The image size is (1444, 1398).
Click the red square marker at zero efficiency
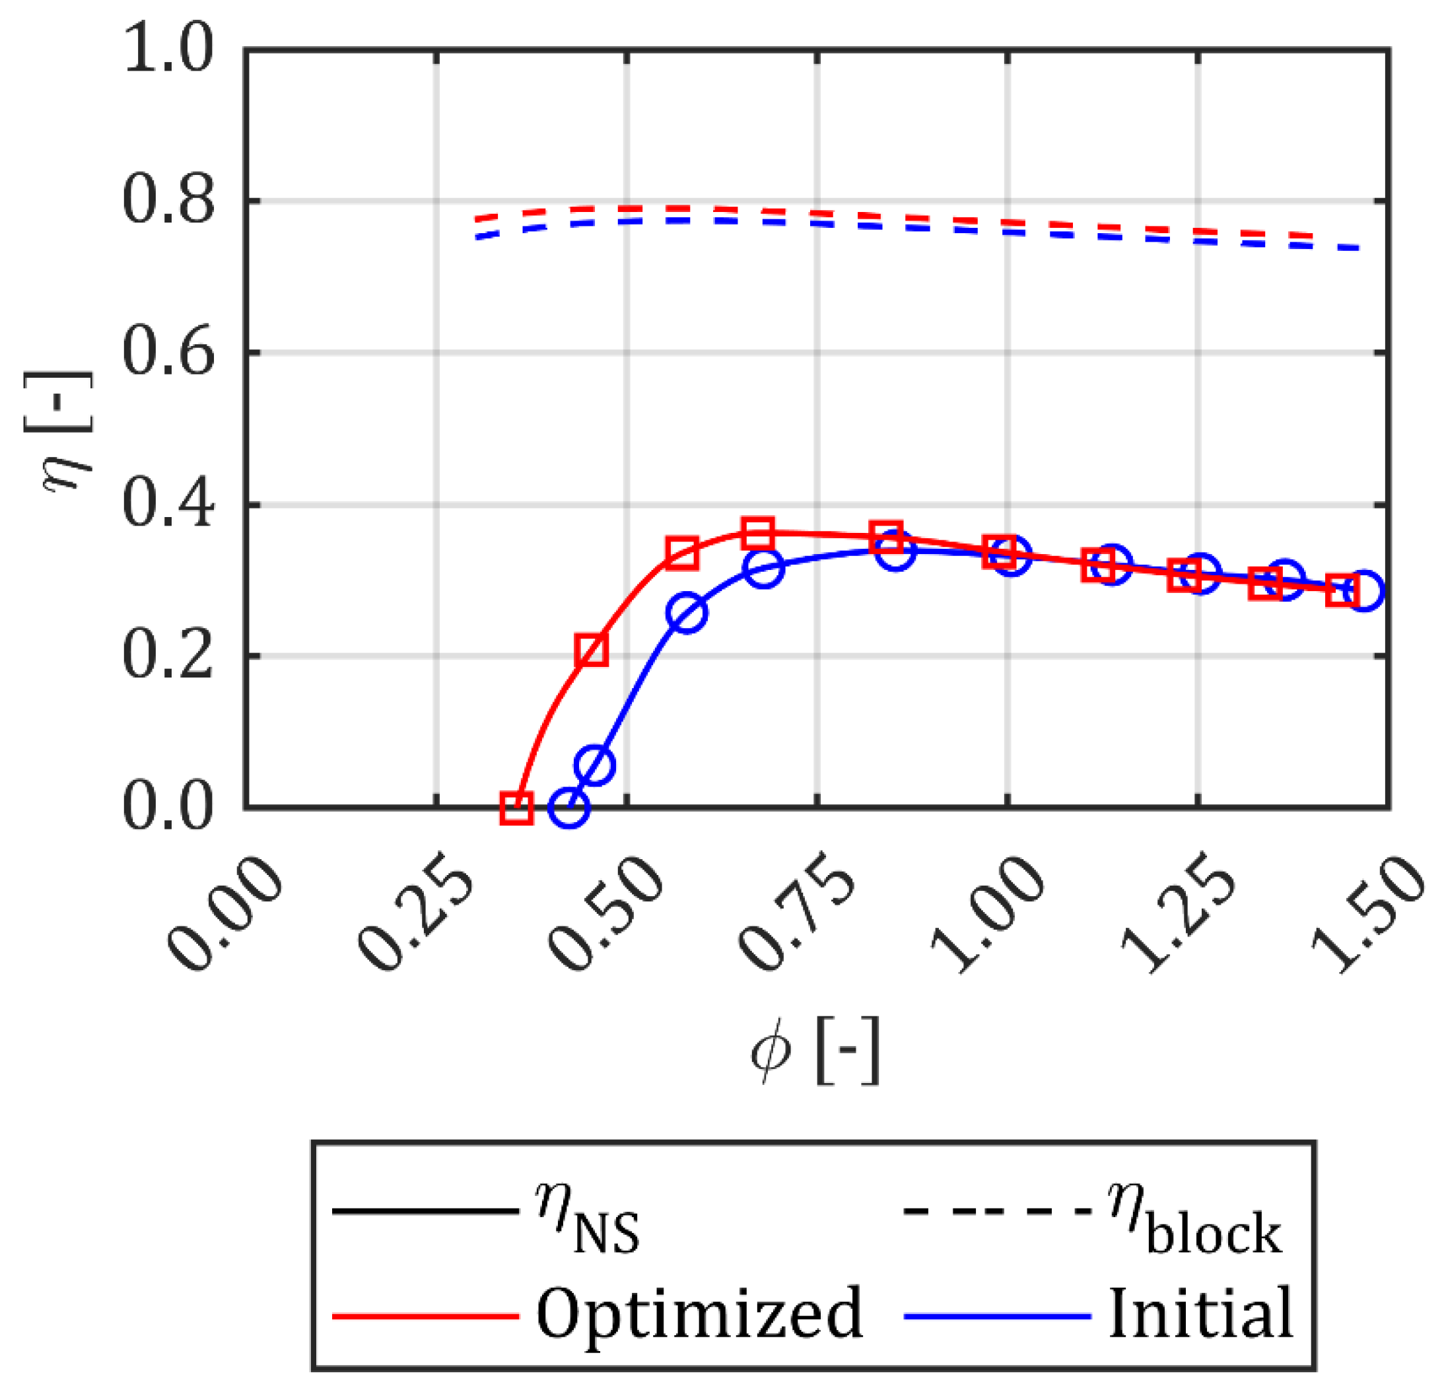pyautogui.click(x=516, y=808)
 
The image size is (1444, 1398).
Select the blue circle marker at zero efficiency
pyautogui.click(x=568, y=808)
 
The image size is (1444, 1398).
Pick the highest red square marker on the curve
pyautogui.click(x=758, y=532)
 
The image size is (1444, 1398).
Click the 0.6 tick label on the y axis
pyautogui.click(x=168, y=353)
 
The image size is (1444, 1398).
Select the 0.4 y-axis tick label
pyautogui.click(x=168, y=506)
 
